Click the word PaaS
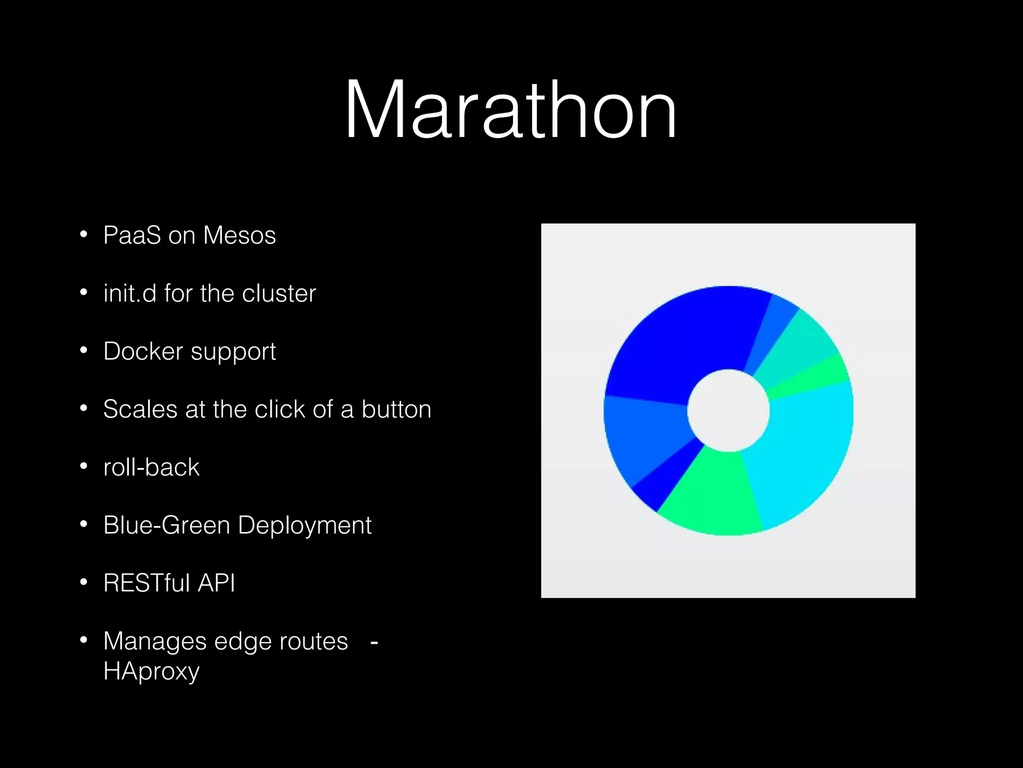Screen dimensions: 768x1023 (x=132, y=235)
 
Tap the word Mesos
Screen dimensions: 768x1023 (x=239, y=235)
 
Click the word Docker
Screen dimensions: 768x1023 (x=143, y=351)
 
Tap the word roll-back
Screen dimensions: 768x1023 (x=151, y=467)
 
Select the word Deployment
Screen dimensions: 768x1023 (x=305, y=525)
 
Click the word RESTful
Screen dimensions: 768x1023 (x=146, y=583)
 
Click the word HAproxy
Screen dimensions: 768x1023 (x=151, y=671)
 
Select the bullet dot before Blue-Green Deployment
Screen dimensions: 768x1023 (x=83, y=524)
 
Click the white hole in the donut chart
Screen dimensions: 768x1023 (x=728, y=410)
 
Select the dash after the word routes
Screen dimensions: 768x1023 (x=374, y=642)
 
